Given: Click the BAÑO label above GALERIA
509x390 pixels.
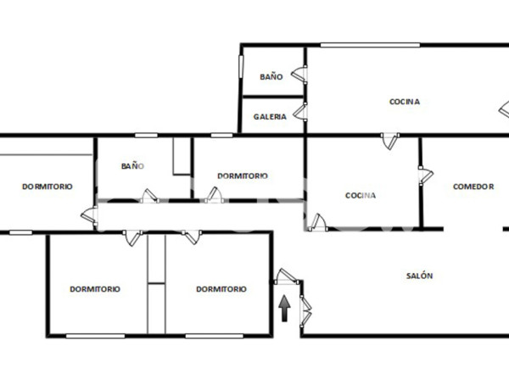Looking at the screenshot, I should (271, 76).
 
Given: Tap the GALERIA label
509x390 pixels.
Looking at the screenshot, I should (270, 117).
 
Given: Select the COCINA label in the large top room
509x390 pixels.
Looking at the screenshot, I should (405, 102).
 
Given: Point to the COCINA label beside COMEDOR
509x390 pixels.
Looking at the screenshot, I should (361, 195).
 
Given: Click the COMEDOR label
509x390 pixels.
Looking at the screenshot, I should (473, 187).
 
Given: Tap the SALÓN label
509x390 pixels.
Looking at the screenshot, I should (419, 276).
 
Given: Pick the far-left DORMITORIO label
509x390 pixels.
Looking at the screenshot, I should (47, 187).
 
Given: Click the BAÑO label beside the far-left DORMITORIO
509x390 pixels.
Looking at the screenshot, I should (133, 166).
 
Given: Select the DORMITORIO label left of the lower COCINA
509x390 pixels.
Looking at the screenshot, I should (243, 175).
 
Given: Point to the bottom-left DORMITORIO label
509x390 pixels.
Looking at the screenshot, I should (94, 288).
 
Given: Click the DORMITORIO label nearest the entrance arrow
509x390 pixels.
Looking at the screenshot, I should (221, 288).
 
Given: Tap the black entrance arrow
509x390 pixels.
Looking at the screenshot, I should (285, 308).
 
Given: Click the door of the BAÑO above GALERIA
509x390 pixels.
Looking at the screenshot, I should (299, 75).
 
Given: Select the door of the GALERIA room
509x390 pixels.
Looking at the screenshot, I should (300, 111).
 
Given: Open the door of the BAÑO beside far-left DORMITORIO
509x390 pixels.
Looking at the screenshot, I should (148, 196).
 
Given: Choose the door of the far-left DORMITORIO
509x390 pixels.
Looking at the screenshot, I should (87, 215).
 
